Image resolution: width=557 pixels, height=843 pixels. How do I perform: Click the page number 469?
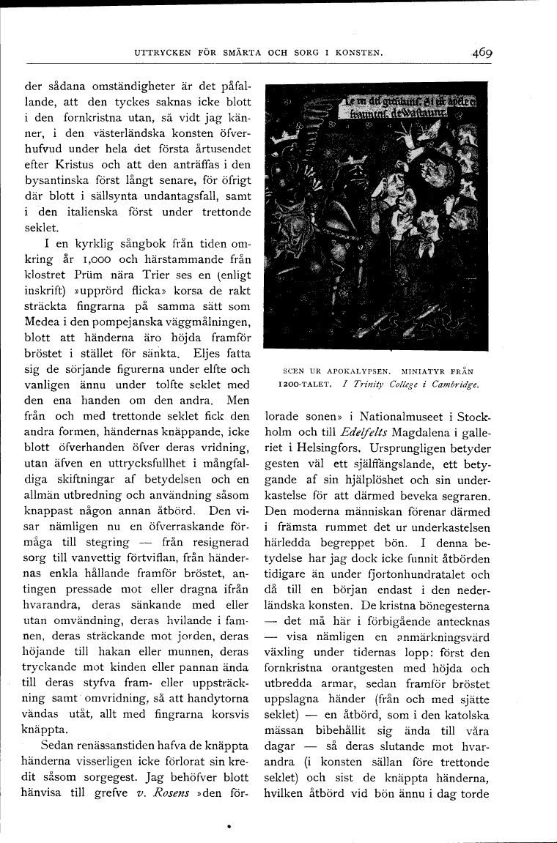[482, 52]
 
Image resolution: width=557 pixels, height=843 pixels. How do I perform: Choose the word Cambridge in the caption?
[454, 384]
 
